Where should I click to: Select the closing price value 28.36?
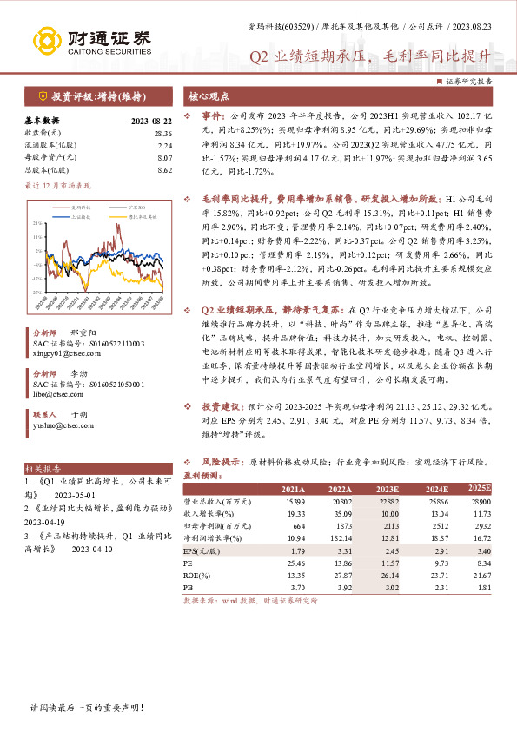[162, 133]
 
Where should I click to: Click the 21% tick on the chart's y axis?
[36, 223]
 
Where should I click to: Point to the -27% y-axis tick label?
[36, 293]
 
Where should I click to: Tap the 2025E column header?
[481, 489]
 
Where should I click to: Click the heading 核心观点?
[205, 97]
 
